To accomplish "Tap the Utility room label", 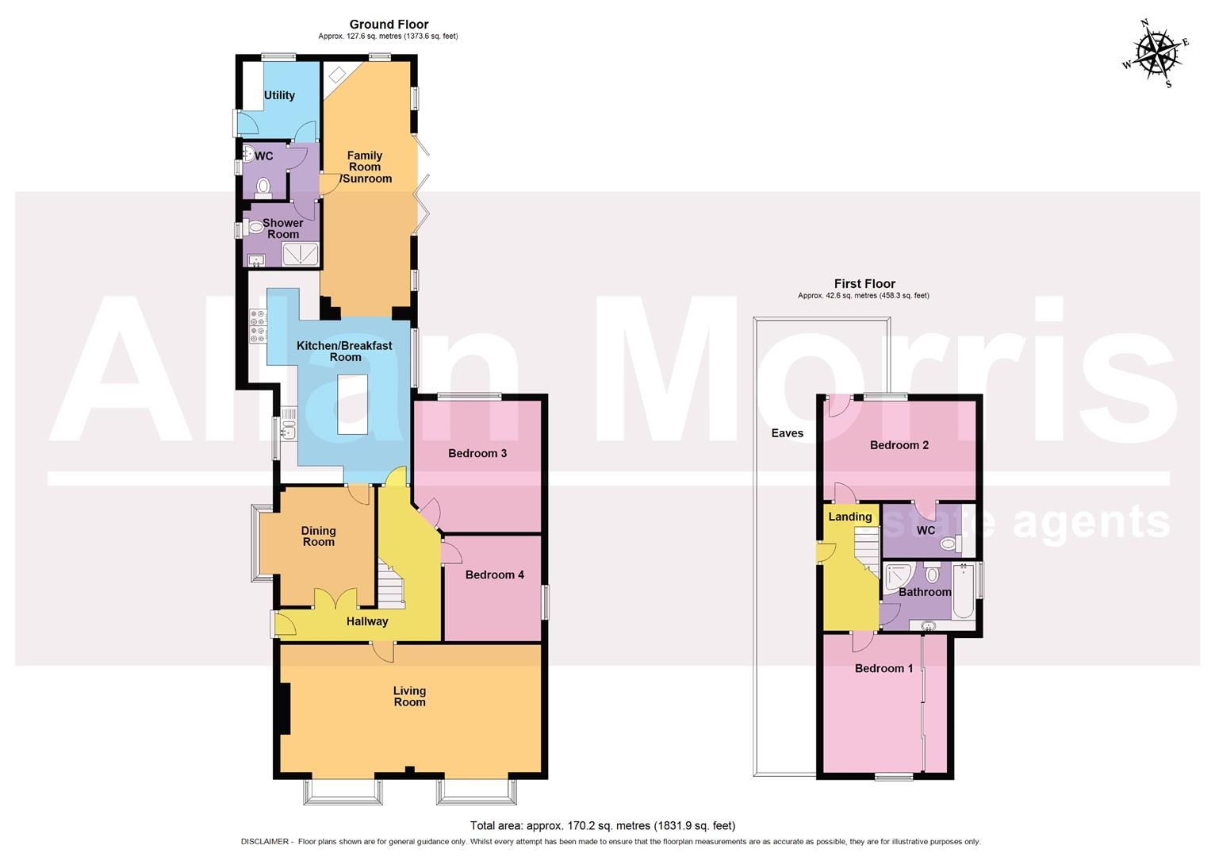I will tap(279, 95).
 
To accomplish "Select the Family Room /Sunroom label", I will tap(365, 167).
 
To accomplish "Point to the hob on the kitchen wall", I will tap(259, 326).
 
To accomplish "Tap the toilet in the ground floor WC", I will tap(263, 187).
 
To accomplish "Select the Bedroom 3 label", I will tap(477, 453).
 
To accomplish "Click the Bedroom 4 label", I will tap(494, 575).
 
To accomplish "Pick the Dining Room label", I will tap(318, 536).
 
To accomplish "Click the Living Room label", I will tap(409, 696).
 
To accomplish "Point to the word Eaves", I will tap(787, 432).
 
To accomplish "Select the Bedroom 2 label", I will tap(899, 445).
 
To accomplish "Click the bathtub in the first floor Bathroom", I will tap(962, 591).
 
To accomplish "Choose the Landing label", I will tap(849, 517).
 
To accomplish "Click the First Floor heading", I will tap(864, 283).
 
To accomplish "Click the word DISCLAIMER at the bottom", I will tap(265, 842).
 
